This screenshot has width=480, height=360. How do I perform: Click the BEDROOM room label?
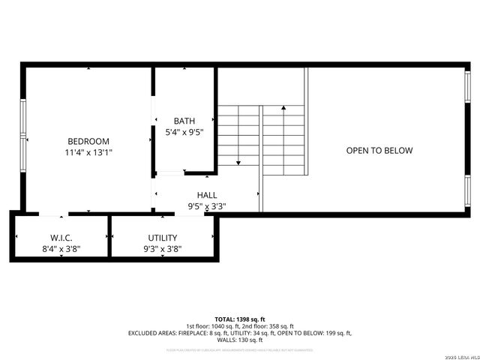tap(88, 141)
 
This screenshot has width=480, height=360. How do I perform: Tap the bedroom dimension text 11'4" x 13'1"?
tap(88, 152)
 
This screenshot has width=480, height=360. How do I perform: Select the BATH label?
tap(184, 121)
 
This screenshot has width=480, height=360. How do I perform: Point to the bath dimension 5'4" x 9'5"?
tap(184, 132)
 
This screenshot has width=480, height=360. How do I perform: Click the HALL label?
tap(207, 195)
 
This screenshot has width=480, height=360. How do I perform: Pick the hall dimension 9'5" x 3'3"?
tap(207, 206)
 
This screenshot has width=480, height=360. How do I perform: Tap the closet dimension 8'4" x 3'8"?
tap(61, 248)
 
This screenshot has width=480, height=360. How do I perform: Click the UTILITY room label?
tap(162, 237)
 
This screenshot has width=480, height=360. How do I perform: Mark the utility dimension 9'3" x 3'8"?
tap(162, 248)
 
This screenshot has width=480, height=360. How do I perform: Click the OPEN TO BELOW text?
tap(379, 151)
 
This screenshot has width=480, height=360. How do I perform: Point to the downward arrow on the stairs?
tap(238, 160)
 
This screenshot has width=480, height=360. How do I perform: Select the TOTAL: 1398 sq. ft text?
tap(240, 319)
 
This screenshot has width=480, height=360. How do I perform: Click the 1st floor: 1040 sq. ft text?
tap(213, 326)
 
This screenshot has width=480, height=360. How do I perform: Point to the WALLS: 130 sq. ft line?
tap(240, 340)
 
